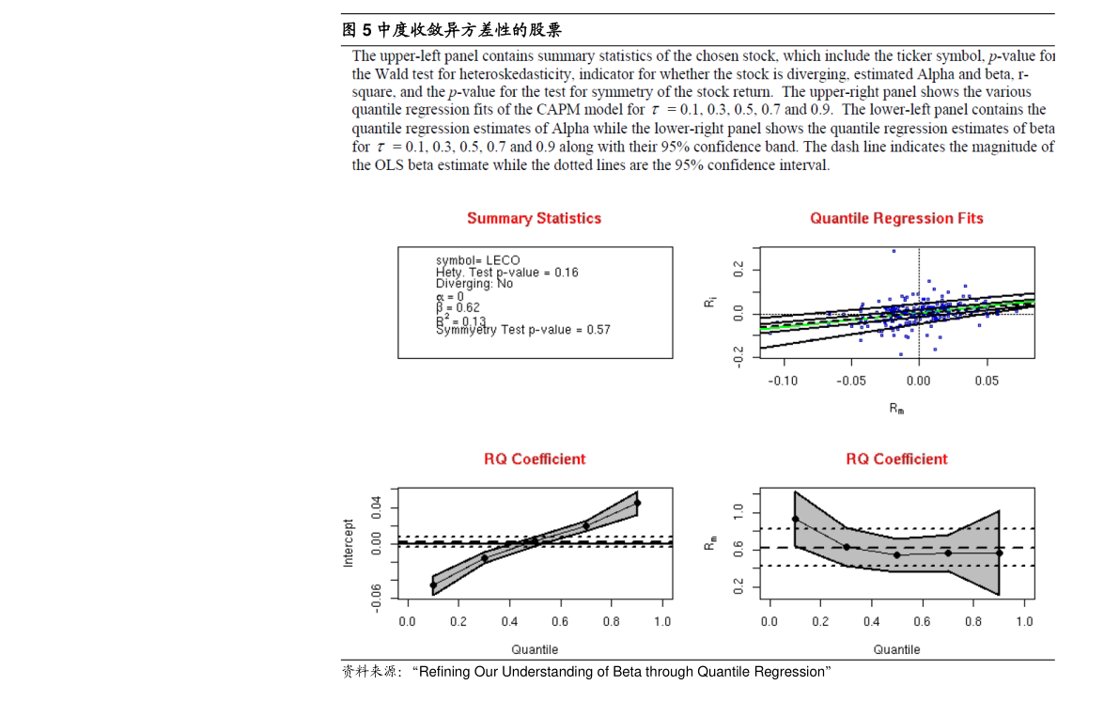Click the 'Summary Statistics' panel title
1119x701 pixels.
coord(534,218)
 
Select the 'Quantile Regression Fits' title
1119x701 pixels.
coord(896,218)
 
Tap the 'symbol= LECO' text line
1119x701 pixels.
coord(477,260)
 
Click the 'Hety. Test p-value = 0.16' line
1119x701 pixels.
coord(506,272)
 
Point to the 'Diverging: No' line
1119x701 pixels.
coord(474,283)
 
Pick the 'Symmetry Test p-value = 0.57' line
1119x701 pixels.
coord(522,329)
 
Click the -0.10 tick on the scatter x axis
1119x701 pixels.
coord(783,381)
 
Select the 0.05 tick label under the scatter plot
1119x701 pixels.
coord(987,381)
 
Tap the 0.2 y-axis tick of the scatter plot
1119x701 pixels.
coord(738,270)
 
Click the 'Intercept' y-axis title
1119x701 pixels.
coord(348,542)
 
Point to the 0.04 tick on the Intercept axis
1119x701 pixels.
coord(376,508)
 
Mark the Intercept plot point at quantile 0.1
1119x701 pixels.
coord(433,585)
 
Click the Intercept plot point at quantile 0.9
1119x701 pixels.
coord(637,503)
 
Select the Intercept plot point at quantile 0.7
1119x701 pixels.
coord(586,526)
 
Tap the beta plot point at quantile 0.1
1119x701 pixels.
coord(795,519)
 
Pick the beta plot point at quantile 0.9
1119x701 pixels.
coord(999,553)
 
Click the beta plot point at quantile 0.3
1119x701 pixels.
coord(847,547)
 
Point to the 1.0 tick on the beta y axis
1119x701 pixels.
coord(738,510)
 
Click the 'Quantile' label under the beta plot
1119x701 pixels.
coord(896,649)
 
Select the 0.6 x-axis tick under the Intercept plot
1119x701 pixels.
coord(560,621)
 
